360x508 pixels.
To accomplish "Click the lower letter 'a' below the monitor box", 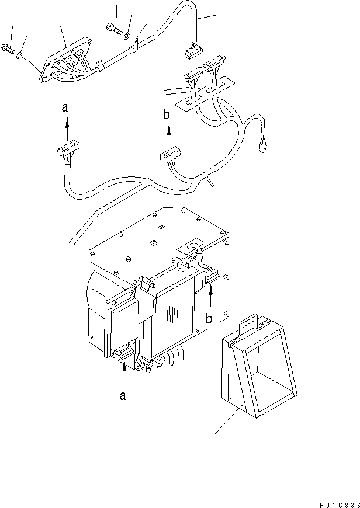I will (122, 396).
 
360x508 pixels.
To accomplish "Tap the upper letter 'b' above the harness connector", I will (167, 116).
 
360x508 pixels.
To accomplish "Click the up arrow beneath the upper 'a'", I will (67, 123).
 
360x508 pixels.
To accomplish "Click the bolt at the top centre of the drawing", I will (112, 26).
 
